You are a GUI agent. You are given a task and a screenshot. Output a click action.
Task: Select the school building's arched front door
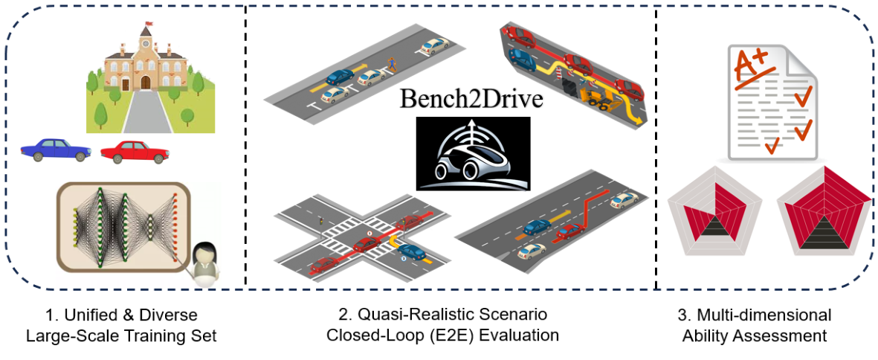(x=146, y=82)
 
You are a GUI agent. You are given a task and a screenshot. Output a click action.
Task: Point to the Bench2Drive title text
(x=472, y=100)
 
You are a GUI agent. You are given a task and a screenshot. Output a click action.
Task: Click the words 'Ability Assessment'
(x=755, y=335)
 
